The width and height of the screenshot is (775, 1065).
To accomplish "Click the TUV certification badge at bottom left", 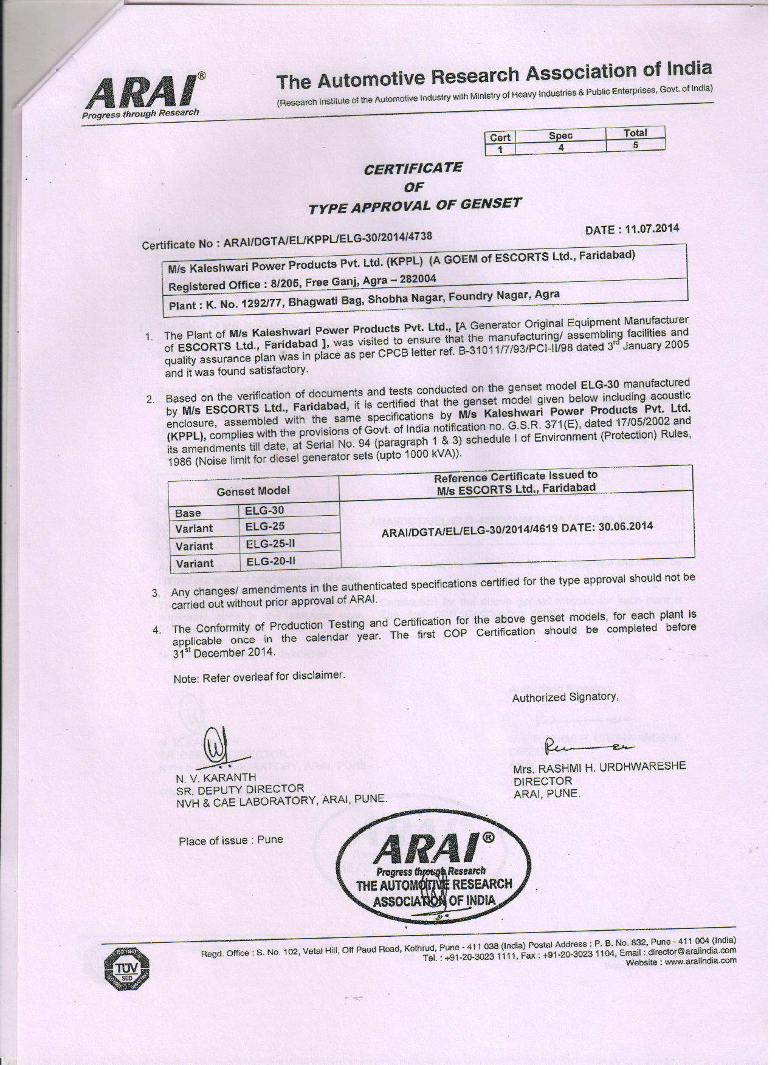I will pyautogui.click(x=126, y=967).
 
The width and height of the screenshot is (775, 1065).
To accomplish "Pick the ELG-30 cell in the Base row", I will pyautogui.click(x=264, y=510).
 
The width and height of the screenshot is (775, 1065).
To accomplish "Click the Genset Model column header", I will pyautogui.click(x=253, y=490).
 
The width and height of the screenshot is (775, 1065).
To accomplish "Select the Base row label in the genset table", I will pyautogui.click(x=188, y=513).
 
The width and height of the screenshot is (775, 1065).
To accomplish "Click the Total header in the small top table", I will pyautogui.click(x=635, y=132).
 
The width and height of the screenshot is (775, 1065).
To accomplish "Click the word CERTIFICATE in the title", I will pyautogui.click(x=413, y=168).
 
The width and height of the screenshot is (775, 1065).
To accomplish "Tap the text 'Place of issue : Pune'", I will pyautogui.click(x=230, y=840).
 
